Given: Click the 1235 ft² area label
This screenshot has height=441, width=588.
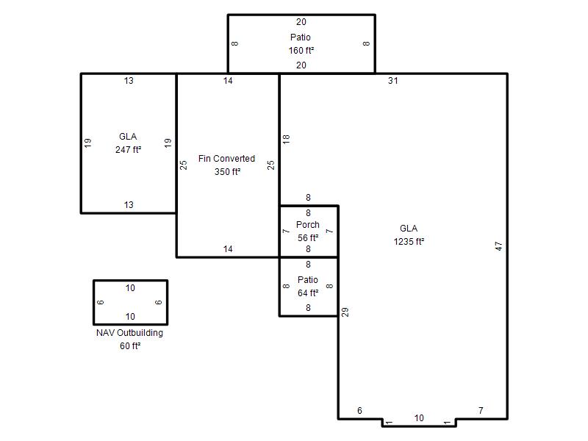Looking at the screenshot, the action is pos(409,242).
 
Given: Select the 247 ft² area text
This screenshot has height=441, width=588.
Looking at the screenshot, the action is pos(128,150).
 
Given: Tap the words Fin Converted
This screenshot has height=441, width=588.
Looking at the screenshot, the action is pos(226,159).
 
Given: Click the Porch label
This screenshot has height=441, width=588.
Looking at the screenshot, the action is pos(308,225).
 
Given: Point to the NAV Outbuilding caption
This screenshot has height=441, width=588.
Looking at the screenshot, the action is pos(130,333).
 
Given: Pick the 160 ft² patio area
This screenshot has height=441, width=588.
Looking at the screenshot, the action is pos(301,50).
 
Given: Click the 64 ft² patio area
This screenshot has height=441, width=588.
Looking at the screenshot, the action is pos(308,293).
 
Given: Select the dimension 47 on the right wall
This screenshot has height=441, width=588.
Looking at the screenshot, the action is pos(498,246).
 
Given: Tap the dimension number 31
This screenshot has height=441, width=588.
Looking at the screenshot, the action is pos(393,81).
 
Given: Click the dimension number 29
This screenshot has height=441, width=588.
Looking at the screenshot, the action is pos(345,312).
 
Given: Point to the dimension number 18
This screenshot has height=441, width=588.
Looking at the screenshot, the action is pos(286,139).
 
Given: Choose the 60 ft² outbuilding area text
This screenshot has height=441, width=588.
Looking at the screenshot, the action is pos(130,346).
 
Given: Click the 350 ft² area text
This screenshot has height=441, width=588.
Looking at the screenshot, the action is pos(228,172).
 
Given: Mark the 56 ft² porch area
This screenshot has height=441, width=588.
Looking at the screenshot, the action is pos(308,237).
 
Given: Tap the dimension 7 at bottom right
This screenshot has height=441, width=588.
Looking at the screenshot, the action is pos(481,411).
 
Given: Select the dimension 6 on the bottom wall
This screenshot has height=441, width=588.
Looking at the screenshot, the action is pos(359,411).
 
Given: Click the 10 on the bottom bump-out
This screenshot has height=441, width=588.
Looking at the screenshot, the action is pos(419,418).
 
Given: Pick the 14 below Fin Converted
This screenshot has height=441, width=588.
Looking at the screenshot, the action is pos(228,249).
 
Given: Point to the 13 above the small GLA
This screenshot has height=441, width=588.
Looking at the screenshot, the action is pos(129,81).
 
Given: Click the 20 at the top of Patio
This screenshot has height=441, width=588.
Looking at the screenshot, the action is pos(301,22).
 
